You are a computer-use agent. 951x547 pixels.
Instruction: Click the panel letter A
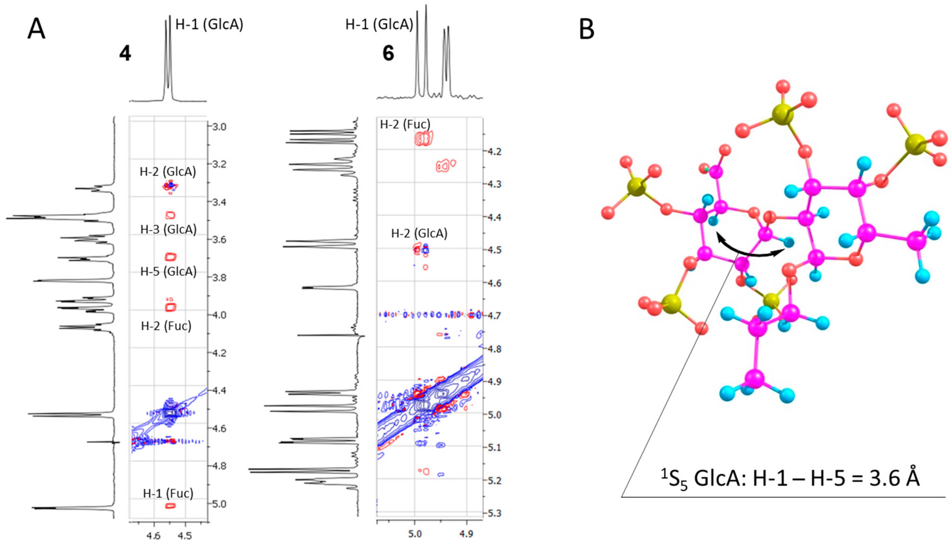37,29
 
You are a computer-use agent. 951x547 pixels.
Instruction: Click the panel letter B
587,29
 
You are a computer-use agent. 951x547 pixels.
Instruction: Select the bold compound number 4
125,54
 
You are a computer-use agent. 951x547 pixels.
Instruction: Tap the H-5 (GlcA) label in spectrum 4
168,271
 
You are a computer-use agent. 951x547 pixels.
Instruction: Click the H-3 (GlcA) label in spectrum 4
168,229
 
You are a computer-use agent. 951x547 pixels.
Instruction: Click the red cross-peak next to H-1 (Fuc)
170,506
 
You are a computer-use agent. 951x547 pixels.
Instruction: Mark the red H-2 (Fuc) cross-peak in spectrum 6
424,139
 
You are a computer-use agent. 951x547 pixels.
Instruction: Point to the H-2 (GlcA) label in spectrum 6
419,233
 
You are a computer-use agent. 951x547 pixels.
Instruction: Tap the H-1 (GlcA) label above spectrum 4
209,24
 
